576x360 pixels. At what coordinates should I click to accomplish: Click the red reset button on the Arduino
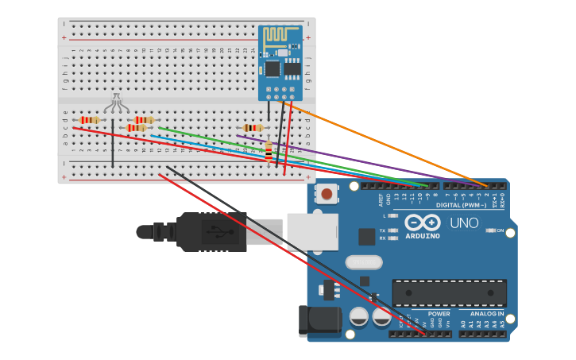point(327,194)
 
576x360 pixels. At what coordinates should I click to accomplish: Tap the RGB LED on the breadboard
point(116,103)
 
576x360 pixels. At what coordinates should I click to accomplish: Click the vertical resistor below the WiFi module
point(269,149)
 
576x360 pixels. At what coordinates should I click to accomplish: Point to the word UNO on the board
point(464,223)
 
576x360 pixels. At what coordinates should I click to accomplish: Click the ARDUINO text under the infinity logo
point(422,236)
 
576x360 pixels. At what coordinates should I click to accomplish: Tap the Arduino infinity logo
point(422,222)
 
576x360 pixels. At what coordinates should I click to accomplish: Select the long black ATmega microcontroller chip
point(449,292)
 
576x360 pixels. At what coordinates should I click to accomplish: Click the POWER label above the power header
point(439,314)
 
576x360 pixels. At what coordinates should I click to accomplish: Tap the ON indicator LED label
point(500,230)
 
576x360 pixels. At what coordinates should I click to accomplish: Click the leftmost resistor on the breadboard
point(90,120)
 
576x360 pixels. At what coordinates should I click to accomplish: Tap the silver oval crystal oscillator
point(364,262)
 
